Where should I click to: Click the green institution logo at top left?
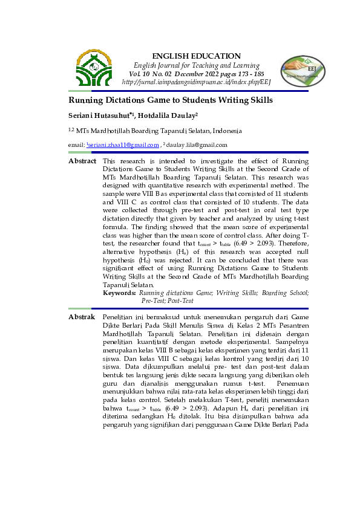94,68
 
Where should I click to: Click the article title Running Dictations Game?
170,100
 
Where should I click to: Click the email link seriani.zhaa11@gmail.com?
125,145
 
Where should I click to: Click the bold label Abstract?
82,161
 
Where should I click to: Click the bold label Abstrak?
82,317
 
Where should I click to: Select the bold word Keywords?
119,293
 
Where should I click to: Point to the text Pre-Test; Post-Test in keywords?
168,300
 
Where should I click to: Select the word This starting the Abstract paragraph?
109,161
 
